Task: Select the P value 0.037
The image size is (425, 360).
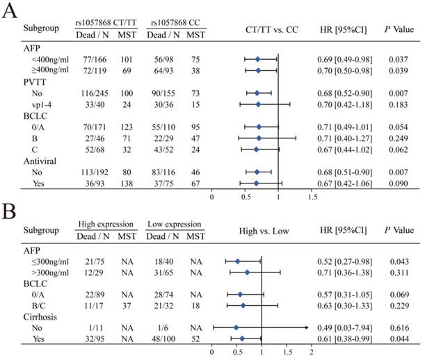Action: click(x=397, y=60)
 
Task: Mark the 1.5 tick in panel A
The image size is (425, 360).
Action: click(x=311, y=197)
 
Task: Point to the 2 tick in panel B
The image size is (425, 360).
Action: click(x=311, y=352)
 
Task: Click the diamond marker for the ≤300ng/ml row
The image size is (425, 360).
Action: click(x=237, y=261)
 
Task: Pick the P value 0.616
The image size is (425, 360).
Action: click(x=397, y=327)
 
